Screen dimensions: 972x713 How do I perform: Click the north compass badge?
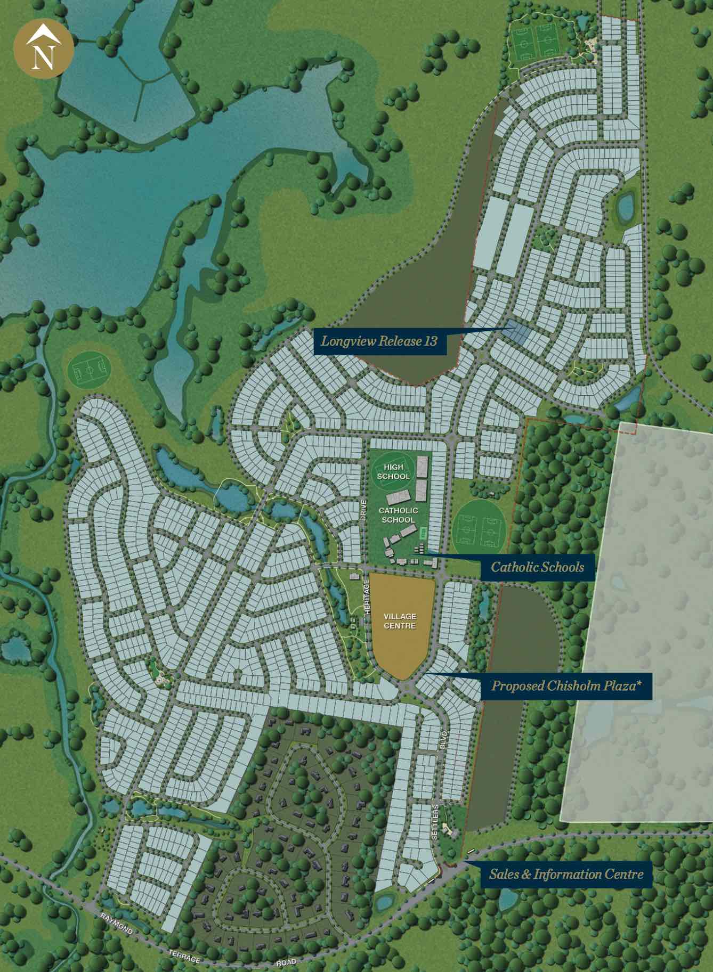point(44,48)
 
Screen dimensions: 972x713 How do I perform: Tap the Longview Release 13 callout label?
point(379,340)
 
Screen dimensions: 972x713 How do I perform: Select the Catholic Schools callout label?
point(537,567)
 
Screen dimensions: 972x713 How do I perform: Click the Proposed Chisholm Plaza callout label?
point(564,685)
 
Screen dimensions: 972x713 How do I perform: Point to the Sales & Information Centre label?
point(566,874)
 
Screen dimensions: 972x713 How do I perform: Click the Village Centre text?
point(400,621)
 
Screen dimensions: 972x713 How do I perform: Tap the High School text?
point(394,472)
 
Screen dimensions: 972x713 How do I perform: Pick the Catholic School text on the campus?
point(398,515)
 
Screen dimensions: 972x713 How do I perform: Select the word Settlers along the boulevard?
point(435,822)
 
